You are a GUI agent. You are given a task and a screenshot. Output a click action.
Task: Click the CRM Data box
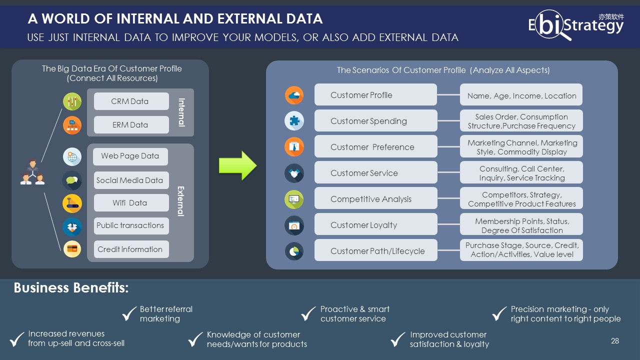(x=130, y=101)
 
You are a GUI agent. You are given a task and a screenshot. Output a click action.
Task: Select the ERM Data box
(x=130, y=125)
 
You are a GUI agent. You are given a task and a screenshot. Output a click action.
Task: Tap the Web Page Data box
(x=130, y=156)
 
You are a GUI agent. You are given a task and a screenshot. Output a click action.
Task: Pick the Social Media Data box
(x=130, y=180)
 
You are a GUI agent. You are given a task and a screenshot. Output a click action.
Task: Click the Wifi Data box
(x=130, y=203)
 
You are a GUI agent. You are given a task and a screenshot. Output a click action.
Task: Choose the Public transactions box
(x=130, y=225)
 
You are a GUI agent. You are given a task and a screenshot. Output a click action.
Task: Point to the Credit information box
(x=130, y=249)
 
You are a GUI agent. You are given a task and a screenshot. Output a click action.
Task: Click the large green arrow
(x=237, y=165)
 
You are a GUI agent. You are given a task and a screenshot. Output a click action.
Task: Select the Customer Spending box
(x=375, y=121)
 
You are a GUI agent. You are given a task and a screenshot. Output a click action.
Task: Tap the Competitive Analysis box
(x=375, y=199)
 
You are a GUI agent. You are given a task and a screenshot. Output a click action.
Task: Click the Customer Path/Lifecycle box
(x=375, y=251)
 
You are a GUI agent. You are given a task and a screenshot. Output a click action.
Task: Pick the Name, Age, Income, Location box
(x=521, y=95)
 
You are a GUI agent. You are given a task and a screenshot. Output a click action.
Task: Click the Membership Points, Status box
(x=521, y=225)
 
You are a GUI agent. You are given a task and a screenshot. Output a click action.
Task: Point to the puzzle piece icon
(x=294, y=120)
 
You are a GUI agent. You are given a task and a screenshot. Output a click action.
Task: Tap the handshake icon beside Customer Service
(x=294, y=173)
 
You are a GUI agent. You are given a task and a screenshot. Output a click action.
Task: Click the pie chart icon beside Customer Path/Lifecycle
(x=294, y=251)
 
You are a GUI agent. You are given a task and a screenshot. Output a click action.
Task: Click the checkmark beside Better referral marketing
(x=129, y=314)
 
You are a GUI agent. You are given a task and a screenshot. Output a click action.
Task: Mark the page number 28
(x=615, y=341)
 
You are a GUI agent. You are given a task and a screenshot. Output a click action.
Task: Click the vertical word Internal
(x=181, y=112)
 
